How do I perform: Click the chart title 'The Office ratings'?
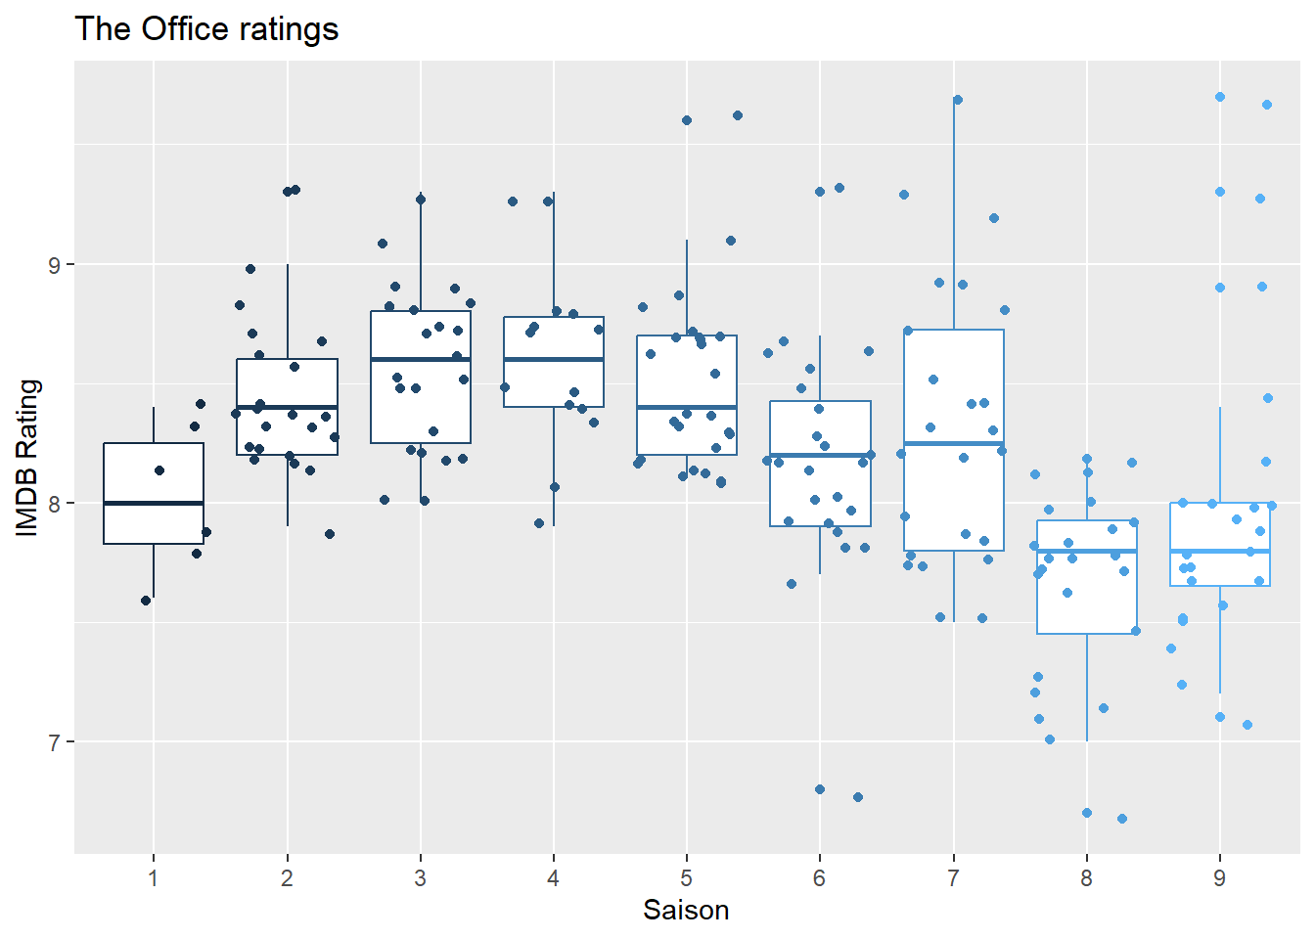point(206,29)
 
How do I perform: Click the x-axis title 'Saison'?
point(685,911)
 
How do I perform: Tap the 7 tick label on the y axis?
point(55,742)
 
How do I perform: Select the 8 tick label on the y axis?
point(55,504)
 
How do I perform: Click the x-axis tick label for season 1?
point(154,878)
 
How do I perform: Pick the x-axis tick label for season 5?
point(687,878)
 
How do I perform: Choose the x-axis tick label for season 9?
point(1219,878)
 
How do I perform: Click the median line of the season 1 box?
point(154,503)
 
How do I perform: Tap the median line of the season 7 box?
point(954,443)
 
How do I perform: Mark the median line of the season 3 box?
point(421,359)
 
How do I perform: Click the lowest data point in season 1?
point(146,601)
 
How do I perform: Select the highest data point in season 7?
point(958,100)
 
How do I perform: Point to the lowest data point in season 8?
point(1122,819)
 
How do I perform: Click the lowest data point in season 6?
point(858,797)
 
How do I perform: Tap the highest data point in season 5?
point(738,115)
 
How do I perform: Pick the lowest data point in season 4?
point(539,523)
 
